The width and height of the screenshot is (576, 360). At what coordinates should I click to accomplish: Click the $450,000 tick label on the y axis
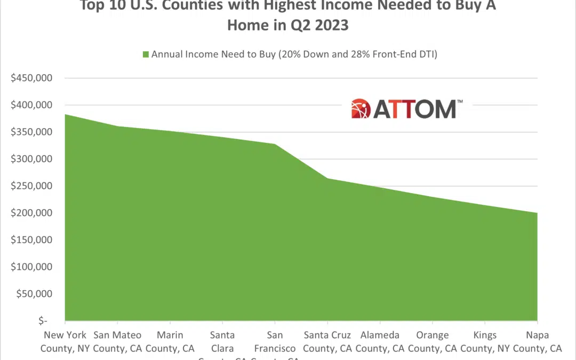click(x=32, y=78)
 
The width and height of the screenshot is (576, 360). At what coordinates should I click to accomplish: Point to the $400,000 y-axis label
click(x=32, y=105)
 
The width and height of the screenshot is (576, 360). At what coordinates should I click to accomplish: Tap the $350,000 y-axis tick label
click(x=32, y=132)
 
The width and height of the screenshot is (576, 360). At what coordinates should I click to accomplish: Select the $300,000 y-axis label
click(x=32, y=159)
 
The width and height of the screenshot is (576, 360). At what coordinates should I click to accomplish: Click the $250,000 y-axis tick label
click(x=32, y=186)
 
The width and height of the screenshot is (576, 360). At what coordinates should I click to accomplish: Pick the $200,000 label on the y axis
click(x=32, y=213)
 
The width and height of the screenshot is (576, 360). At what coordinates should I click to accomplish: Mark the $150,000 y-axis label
click(x=32, y=240)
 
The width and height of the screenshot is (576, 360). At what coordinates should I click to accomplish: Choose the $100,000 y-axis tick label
click(x=32, y=267)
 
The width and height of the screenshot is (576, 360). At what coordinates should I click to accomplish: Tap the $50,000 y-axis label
click(x=34, y=294)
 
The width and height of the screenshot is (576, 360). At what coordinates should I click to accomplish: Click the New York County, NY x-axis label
click(x=65, y=342)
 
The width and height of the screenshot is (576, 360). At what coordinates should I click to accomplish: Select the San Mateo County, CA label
click(x=117, y=342)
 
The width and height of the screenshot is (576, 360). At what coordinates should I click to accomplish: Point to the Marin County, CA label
click(x=170, y=342)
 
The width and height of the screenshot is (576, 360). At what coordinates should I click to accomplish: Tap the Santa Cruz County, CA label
click(x=327, y=342)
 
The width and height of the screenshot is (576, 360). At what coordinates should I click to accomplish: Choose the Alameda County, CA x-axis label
click(x=380, y=342)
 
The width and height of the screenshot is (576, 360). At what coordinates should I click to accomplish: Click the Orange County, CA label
click(x=432, y=342)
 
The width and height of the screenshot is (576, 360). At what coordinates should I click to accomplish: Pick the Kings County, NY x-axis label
click(x=485, y=342)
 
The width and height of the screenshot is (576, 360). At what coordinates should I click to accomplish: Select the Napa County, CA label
click(x=537, y=342)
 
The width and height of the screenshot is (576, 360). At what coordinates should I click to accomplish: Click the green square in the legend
click(x=146, y=54)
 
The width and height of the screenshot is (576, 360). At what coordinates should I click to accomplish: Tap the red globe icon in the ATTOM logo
click(x=361, y=108)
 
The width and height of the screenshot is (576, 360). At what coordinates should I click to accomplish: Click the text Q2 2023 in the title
click(x=318, y=25)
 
